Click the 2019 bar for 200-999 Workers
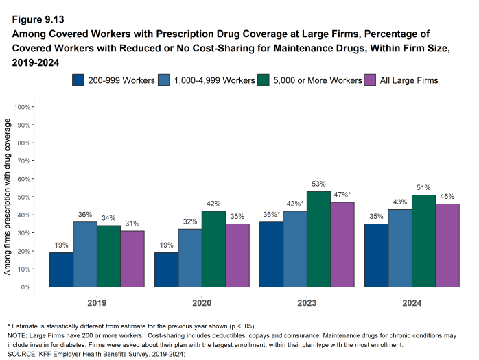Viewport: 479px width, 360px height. point(61,269)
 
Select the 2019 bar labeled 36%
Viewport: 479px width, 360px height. point(84,254)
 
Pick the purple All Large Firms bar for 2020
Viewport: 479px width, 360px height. point(237,255)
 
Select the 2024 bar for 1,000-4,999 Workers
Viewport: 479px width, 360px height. point(399,248)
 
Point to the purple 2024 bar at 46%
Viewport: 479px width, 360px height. point(447,245)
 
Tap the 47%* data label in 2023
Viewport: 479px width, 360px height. point(342,195)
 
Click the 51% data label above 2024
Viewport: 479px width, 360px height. point(423,188)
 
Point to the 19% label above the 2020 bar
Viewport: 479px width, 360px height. point(165,245)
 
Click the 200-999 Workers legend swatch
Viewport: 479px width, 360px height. point(78,80)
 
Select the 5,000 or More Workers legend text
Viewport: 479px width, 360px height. point(318,80)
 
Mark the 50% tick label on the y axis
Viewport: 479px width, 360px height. point(22,197)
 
